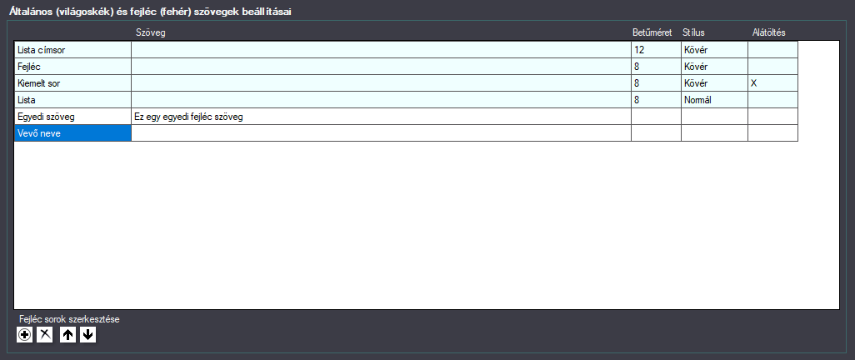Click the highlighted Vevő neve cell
[72, 133]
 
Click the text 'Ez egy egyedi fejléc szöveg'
[188, 117]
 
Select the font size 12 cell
[656, 50]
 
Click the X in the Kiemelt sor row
[753, 83]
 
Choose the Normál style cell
[714, 100]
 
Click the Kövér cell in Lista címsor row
[714, 50]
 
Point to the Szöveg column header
[151, 32]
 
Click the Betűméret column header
[652, 32]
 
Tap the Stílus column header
[693, 32]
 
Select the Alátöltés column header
[768, 32]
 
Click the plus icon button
[24, 335]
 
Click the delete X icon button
[44, 335]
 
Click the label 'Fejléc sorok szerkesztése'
[69, 320]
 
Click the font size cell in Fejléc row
[656, 67]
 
